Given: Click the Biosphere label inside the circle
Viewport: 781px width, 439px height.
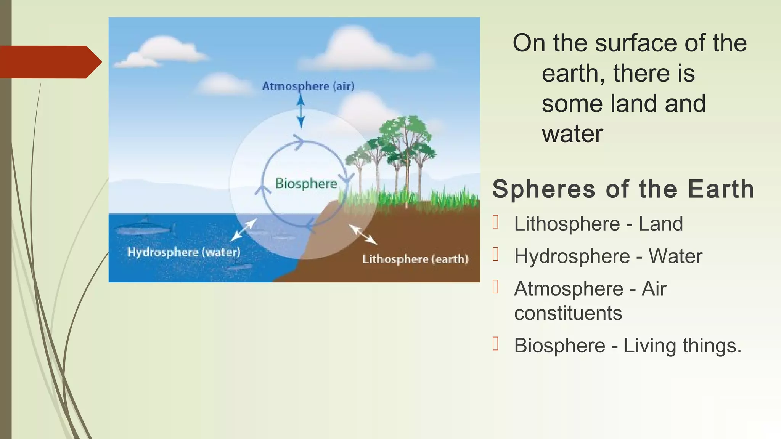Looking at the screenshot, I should [306, 183].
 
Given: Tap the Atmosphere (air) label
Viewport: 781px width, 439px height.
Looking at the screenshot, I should [308, 86].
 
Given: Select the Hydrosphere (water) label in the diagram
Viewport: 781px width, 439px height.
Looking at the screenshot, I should [184, 252].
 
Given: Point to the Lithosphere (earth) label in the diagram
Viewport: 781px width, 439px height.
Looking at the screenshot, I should [415, 259].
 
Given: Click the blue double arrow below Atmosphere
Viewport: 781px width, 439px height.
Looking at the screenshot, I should [301, 111].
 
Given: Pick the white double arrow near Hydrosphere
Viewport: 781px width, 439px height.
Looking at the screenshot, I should [244, 229].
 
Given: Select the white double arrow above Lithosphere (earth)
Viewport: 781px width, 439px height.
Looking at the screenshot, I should [363, 234].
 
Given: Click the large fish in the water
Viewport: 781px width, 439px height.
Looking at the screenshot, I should [144, 229].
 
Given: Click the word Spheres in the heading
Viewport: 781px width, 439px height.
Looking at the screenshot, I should [544, 189].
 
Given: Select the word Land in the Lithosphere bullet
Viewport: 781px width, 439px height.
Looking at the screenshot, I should [660, 224].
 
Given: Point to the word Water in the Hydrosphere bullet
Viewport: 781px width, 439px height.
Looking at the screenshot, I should [675, 256].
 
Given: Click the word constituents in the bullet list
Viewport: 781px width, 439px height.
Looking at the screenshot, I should [568, 313].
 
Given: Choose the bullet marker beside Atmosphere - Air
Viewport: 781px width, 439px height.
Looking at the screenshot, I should [496, 287].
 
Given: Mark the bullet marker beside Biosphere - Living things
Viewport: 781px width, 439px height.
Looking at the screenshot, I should [496, 344].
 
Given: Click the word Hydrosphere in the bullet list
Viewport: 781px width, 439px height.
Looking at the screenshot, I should [572, 256].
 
